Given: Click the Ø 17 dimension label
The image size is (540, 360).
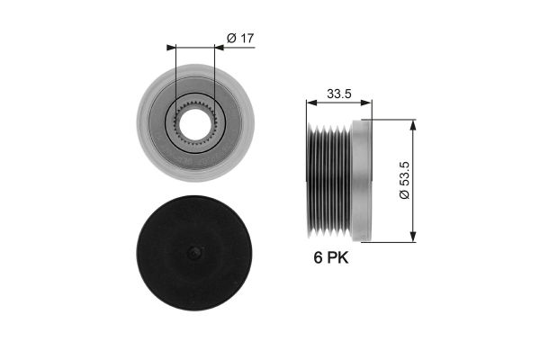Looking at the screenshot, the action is pos(240,38).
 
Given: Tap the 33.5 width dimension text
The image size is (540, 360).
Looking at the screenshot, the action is pos(339,94).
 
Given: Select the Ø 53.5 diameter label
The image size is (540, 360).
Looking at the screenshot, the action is pos(405,180).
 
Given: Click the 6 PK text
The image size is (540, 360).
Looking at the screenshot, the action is pos(331,257).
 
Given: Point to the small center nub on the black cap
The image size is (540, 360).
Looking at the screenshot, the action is pos(194,253).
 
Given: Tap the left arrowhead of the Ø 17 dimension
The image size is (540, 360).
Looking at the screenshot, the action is pos(171,48).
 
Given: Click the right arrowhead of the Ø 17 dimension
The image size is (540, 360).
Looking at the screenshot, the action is pos(219,48).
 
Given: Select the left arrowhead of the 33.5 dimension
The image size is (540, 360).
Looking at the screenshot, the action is pos(311,103).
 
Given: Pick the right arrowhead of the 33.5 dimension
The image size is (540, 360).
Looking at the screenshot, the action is pos(366,103).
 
